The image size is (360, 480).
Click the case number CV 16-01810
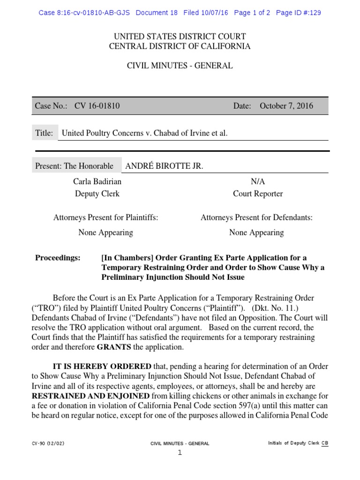pyautogui.click(x=97, y=106)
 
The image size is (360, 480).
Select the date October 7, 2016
pyautogui.click(x=286, y=106)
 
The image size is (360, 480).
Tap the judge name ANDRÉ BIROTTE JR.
pyautogui.click(x=164, y=166)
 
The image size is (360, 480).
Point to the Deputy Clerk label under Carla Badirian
pyautogui.click(x=97, y=194)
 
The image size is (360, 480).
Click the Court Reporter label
pyautogui.click(x=258, y=194)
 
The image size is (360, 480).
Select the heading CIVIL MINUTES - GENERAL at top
pyautogui.click(x=180, y=66)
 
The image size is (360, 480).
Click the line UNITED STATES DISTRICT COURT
pyautogui.click(x=180, y=37)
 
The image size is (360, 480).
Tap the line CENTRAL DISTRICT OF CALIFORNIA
pyautogui.click(x=180, y=46)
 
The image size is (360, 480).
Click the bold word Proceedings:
pyautogui.click(x=58, y=258)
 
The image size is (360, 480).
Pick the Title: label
pyautogui.click(x=44, y=133)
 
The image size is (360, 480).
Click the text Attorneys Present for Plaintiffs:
pyautogui.click(x=105, y=217)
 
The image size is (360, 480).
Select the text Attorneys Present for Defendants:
pyautogui.click(x=256, y=217)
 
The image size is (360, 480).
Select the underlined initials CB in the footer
pyautogui.click(x=324, y=443)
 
